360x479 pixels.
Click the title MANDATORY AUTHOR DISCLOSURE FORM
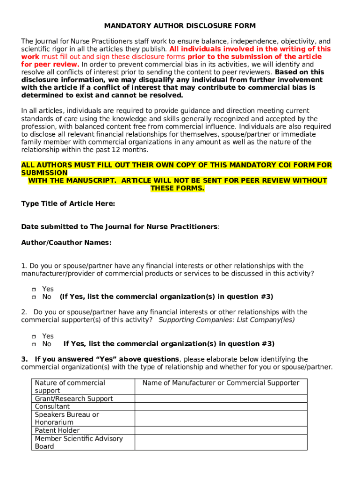pos(180,26)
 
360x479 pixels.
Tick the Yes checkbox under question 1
pos(34,290)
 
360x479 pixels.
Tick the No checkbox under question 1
pos(34,297)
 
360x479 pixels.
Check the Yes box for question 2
pos(34,337)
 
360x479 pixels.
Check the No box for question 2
pos(34,344)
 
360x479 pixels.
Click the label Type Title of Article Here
pos(68,203)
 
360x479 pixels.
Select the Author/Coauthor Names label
pos(66,243)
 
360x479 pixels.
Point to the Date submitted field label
pos(120,227)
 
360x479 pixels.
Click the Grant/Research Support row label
pos(74,399)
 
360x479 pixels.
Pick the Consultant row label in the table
pos(52,406)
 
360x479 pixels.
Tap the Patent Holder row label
pos(57,430)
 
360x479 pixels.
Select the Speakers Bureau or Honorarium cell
pos(67,418)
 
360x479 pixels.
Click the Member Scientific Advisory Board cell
pos(79,442)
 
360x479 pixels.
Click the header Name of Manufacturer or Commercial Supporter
pos(221,383)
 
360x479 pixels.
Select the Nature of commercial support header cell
pos(70,386)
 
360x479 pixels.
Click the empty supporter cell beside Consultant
pos(221,406)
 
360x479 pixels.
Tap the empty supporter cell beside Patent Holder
pos(221,430)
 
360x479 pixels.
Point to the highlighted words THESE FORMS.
pos(177,189)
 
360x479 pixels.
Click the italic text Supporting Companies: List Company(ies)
pos(227,320)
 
